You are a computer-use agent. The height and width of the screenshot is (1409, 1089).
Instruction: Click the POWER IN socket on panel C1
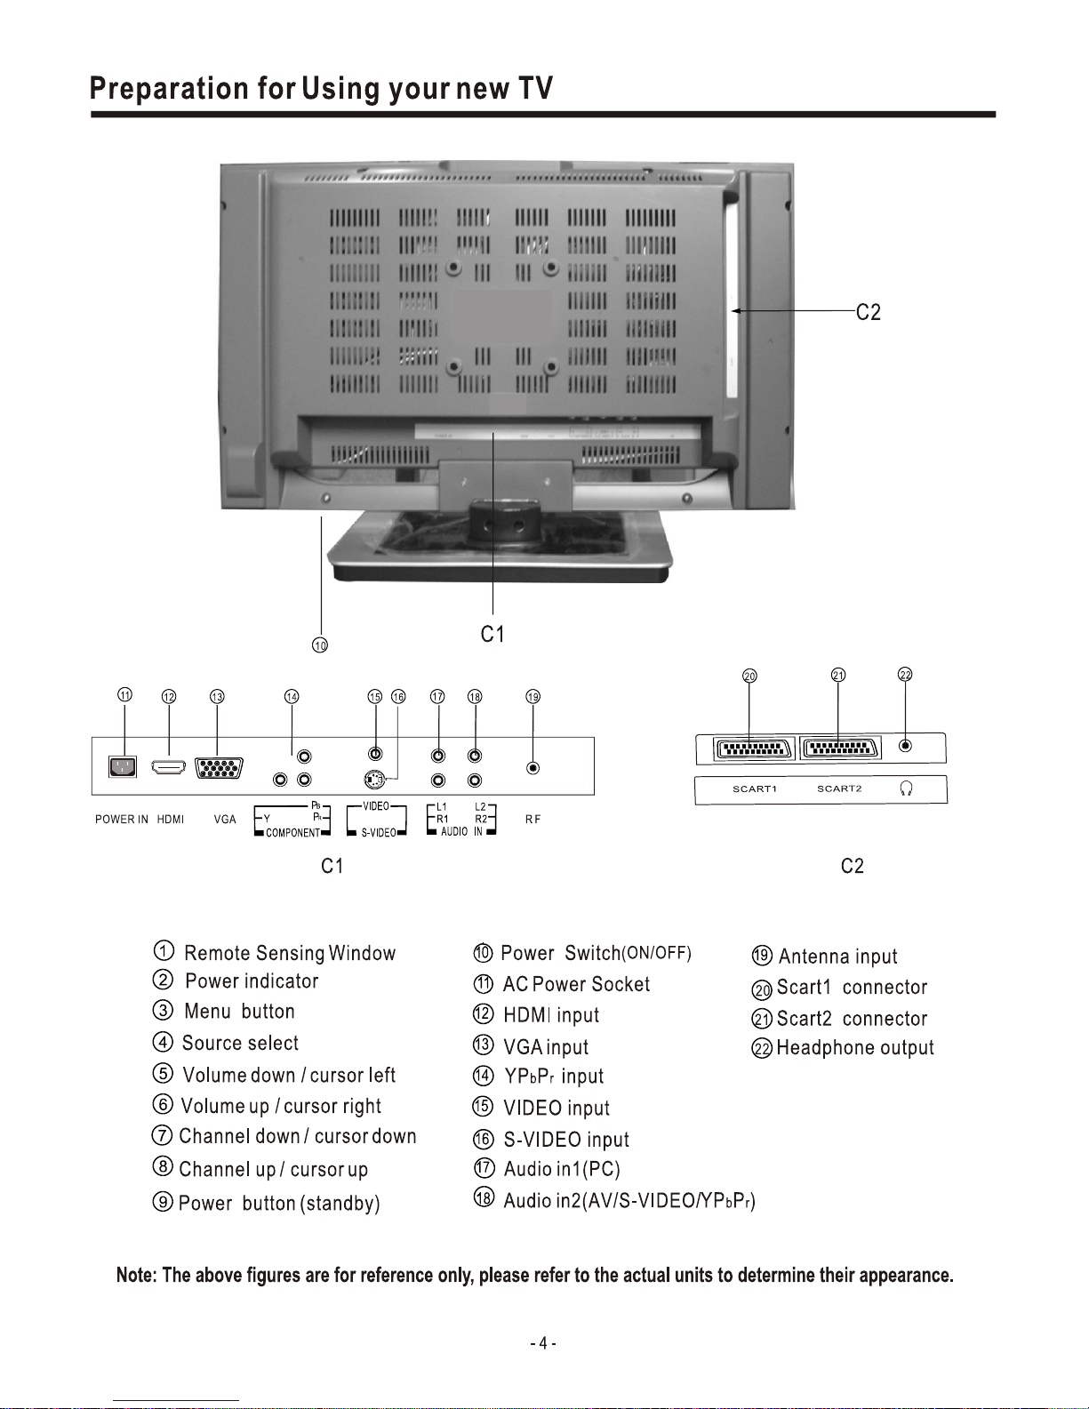[x=123, y=766]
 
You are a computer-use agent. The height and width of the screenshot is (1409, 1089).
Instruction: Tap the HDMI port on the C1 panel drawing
[x=169, y=766]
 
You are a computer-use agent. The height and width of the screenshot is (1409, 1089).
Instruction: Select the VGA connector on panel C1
[x=219, y=767]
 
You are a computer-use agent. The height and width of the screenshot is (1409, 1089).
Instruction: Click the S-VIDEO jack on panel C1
[x=375, y=781]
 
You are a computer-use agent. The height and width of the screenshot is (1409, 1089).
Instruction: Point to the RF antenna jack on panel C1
[x=532, y=768]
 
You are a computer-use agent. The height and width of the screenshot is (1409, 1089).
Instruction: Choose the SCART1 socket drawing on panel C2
[x=753, y=749]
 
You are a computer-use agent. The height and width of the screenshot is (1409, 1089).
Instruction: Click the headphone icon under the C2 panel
[x=906, y=789]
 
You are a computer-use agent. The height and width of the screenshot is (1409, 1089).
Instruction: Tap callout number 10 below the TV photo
[x=320, y=645]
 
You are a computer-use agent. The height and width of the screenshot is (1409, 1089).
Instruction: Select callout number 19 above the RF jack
[x=532, y=697]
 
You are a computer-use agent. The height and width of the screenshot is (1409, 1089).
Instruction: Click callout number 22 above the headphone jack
[x=905, y=675]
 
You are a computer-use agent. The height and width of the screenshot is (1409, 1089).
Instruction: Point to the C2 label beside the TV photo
[x=869, y=312]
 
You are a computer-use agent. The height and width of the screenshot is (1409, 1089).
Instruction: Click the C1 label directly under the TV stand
[x=492, y=634]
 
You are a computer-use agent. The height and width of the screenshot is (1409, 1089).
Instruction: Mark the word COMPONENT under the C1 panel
[x=292, y=833]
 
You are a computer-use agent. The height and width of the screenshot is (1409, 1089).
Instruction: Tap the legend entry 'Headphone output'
[x=854, y=1048]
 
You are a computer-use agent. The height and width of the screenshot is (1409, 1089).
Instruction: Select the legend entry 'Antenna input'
[x=837, y=957]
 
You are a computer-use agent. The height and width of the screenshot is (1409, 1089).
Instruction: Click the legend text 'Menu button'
[x=239, y=1012]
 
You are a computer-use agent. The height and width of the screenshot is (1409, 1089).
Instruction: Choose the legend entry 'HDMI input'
[x=551, y=1015]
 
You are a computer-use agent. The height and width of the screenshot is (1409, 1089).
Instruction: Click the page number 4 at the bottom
[x=543, y=1343]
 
